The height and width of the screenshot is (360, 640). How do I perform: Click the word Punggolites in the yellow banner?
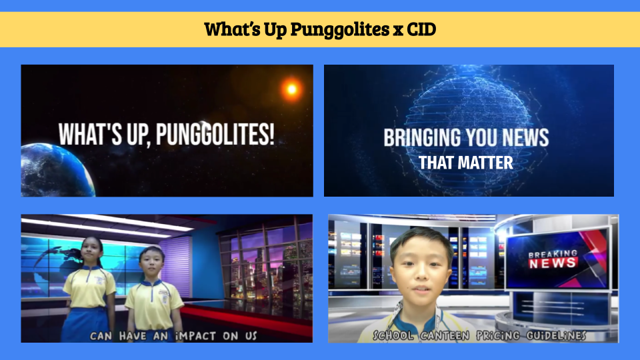pyautogui.click(x=340, y=29)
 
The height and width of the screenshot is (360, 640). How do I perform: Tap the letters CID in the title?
pyautogui.click(x=421, y=29)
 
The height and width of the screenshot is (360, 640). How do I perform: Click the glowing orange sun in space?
pyautogui.click(x=291, y=89)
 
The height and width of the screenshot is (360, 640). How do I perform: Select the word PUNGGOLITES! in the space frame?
pyautogui.click(x=215, y=134)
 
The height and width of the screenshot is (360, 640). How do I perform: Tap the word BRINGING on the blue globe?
pyautogui.click(x=422, y=137)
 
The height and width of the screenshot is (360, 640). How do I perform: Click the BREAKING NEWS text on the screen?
pyautogui.click(x=553, y=259)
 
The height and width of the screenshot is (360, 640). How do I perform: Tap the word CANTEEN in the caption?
pyautogui.click(x=445, y=335)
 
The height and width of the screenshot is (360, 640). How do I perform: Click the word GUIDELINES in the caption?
pyautogui.click(x=556, y=335)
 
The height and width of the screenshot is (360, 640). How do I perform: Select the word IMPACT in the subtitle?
pyautogui.click(x=195, y=336)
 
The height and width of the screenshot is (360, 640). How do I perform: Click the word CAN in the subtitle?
pyautogui.click(x=101, y=336)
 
